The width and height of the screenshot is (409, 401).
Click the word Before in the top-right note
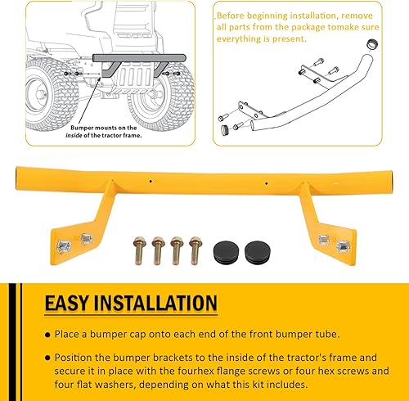234,15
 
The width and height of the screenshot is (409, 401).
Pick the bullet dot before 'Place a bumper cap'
45,336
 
